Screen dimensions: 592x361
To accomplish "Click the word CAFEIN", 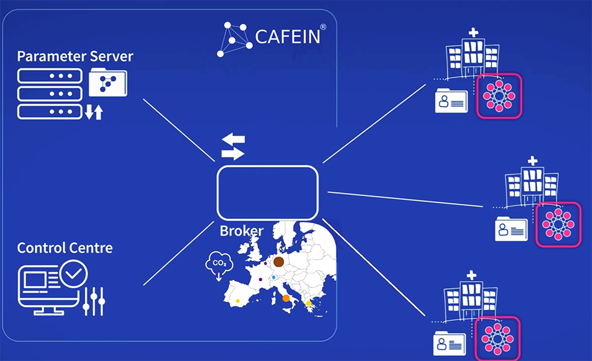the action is click(x=288, y=37).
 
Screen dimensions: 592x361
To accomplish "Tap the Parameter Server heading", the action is click(x=75, y=57).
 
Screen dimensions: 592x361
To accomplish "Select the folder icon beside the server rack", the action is click(x=108, y=82).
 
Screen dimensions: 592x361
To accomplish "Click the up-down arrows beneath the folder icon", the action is click(x=94, y=112).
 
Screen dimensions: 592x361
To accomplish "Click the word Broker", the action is click(x=242, y=231).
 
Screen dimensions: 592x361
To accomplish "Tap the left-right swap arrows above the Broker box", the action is click(x=233, y=147).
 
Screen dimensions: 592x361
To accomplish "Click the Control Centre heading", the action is click(x=65, y=248).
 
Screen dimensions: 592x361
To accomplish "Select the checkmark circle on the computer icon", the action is click(x=73, y=274).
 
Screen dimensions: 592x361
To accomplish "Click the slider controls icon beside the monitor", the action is click(x=94, y=301).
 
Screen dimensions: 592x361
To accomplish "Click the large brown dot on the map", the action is click(x=279, y=262).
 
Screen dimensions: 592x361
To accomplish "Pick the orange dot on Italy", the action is click(x=286, y=298).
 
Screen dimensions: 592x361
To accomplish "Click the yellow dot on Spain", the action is click(x=237, y=301).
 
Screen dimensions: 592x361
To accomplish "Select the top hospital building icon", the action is click(x=472, y=55).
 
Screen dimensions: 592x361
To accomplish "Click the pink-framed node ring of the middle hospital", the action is click(x=558, y=225).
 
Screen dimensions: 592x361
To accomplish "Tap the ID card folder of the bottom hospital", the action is click(x=449, y=343).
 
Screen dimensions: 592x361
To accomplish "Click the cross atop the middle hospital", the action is click(x=532, y=161).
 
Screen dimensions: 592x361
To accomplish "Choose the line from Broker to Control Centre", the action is click(x=179, y=253).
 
